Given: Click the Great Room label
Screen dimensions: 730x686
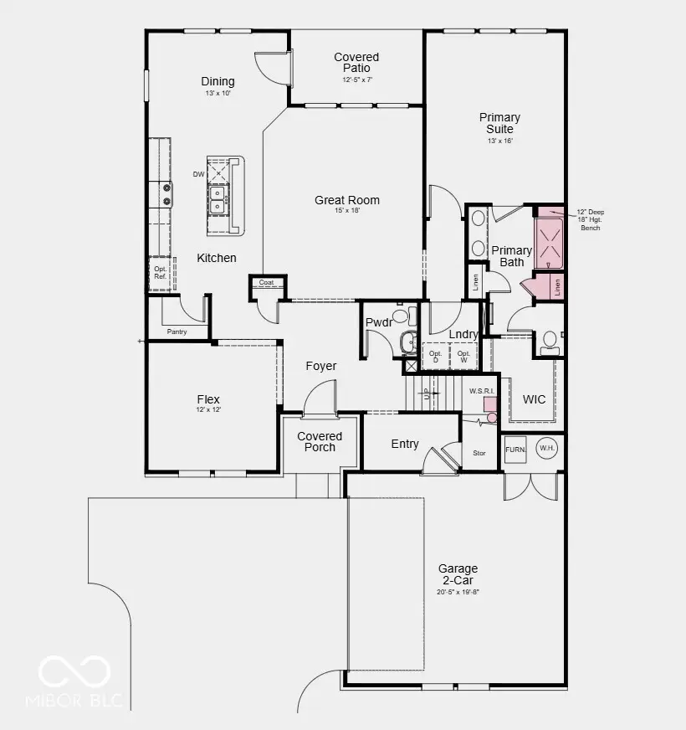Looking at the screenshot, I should click(x=347, y=200).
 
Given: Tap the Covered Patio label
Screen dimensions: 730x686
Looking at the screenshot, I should click(x=356, y=63).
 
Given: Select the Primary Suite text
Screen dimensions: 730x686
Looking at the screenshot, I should click(x=499, y=123).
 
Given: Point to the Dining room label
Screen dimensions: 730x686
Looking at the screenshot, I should click(x=218, y=82).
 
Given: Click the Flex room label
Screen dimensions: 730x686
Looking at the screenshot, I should click(x=208, y=399).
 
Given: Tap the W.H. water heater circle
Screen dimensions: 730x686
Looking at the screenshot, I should click(x=547, y=449).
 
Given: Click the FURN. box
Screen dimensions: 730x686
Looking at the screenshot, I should click(x=515, y=450).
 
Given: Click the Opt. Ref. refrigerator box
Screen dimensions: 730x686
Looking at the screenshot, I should click(x=160, y=274).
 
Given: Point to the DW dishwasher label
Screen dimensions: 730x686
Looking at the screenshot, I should click(x=198, y=174).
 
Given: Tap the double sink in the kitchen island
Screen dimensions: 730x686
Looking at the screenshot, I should click(x=218, y=199).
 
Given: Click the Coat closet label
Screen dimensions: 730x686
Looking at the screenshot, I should click(x=266, y=283).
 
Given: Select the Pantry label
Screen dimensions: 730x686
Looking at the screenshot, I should click(x=177, y=332).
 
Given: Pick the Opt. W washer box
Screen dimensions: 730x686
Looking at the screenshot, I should click(x=463, y=356).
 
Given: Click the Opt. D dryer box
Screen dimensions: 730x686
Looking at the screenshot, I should click(x=435, y=356).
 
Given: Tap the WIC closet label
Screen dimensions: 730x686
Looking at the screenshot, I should click(x=534, y=399).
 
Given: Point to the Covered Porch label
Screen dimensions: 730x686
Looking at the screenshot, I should click(x=320, y=441).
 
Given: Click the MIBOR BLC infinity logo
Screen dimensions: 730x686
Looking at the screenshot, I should click(x=74, y=671).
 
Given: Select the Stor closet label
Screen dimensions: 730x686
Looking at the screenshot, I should click(x=479, y=453).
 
